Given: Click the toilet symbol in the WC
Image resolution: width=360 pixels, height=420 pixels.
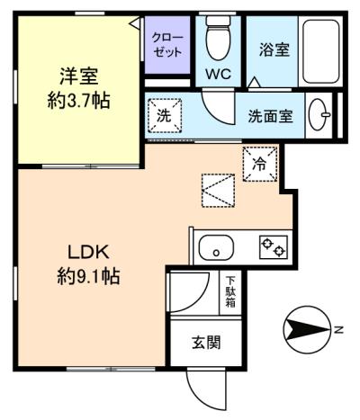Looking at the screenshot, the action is tap(219, 38).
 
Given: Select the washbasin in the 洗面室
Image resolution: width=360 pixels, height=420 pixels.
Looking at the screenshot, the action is tap(319, 114).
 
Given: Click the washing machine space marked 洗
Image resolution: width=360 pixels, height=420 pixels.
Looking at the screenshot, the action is tap(165, 115).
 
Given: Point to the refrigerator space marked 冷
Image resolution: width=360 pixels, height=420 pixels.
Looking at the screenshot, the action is tap(260, 164).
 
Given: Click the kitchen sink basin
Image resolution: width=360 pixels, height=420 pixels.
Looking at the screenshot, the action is tap(216, 247).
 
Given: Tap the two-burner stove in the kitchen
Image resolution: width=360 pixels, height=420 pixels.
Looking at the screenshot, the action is tap(274, 247).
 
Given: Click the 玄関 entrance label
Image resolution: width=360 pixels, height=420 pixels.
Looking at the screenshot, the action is tap(206, 342).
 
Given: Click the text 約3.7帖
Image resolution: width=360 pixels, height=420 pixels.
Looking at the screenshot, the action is tap(78, 101).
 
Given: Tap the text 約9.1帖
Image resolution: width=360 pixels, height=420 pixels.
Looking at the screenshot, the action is tap(89, 276).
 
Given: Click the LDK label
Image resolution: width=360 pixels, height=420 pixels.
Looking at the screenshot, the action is tap(88, 253).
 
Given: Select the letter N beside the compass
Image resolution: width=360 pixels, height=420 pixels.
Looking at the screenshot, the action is tap(338, 330).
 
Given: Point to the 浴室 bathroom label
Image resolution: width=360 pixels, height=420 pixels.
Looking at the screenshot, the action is tap(274, 49).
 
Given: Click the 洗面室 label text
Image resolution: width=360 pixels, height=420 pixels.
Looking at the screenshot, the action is tap(270, 116).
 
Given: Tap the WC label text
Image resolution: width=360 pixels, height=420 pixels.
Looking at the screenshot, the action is tap(219, 74).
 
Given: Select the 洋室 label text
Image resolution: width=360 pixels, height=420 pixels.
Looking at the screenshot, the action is tap(79, 76).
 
